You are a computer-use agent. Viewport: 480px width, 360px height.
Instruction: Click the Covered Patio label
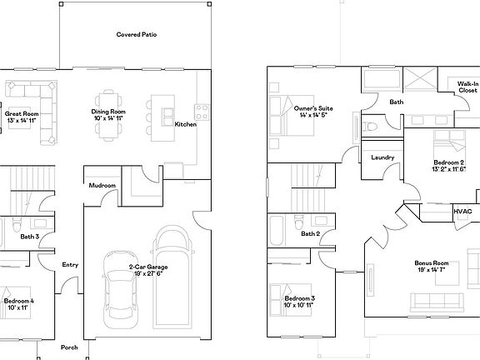click(137, 35)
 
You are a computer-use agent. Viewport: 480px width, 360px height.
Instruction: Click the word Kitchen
click(185, 124)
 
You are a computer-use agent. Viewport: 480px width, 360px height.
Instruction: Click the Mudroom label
click(102, 185)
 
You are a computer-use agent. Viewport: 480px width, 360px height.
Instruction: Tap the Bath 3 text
click(30, 237)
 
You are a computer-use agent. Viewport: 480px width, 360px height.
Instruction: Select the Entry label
click(70, 264)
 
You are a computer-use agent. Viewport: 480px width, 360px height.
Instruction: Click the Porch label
click(70, 347)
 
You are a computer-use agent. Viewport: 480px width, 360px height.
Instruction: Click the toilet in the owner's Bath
click(372, 126)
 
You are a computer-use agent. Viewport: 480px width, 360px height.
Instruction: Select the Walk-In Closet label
click(467, 87)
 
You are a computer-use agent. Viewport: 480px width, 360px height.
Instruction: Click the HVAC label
click(462, 212)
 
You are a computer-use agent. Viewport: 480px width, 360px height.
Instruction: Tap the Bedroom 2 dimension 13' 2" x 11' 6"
click(448, 169)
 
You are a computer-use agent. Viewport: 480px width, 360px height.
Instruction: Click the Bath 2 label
click(311, 233)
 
